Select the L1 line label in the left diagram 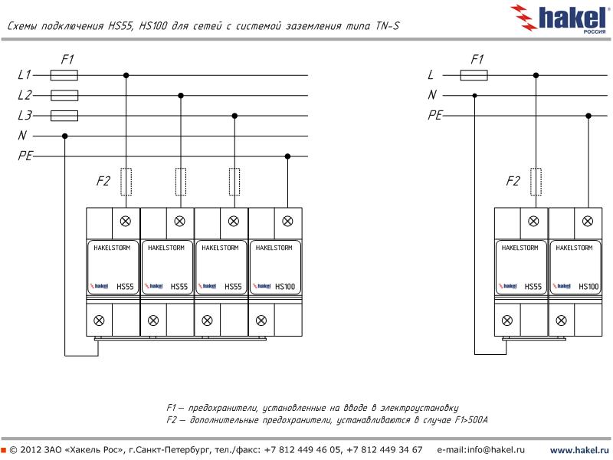pyautogui.click(x=25, y=75)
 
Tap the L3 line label pyautogui.click(x=25, y=116)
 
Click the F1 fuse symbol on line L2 pyautogui.click(x=64, y=96)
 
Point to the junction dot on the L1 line pyautogui.click(x=126, y=75)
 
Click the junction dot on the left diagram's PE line pyautogui.click(x=288, y=156)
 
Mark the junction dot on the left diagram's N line pyautogui.click(x=65, y=136)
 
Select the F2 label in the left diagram pyautogui.click(x=103, y=182)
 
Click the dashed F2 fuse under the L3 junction pyautogui.click(x=234, y=182)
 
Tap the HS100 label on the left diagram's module pyautogui.click(x=285, y=287)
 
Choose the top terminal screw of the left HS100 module pyautogui.click(x=287, y=221)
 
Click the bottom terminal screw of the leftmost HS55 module pyautogui.click(x=99, y=320)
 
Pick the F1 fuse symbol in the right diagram pyautogui.click(x=474, y=75)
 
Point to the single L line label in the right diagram pyautogui.click(x=431, y=75)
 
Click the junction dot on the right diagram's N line pyautogui.click(x=475, y=95)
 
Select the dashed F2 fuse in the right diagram pyautogui.click(x=536, y=182)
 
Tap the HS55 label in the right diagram pyautogui.click(x=533, y=287)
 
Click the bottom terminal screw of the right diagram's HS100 pyautogui.click(x=561, y=320)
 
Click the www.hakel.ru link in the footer pyautogui.click(x=579, y=449)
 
